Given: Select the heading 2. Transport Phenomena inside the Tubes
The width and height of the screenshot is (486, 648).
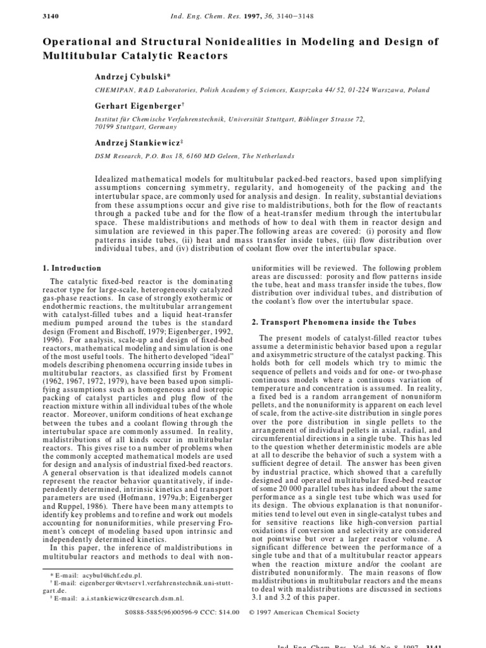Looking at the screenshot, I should [x=327, y=322].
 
